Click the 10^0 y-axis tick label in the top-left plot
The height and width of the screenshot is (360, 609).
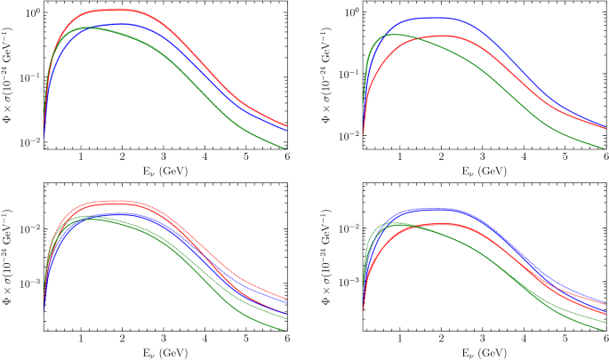[x=29, y=13]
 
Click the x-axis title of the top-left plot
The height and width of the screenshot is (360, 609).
[x=163, y=171]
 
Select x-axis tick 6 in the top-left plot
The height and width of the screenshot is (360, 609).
[x=286, y=157]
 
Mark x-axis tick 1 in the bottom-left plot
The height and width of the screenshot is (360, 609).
[x=81, y=340]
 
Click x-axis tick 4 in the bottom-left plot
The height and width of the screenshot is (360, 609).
[x=204, y=340]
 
